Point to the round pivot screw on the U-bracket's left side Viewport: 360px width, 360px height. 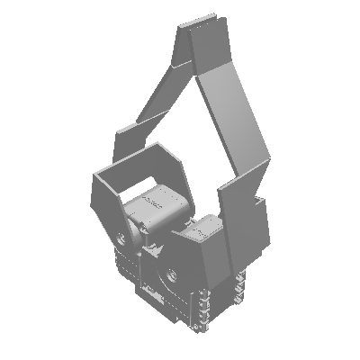pos(121,238)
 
